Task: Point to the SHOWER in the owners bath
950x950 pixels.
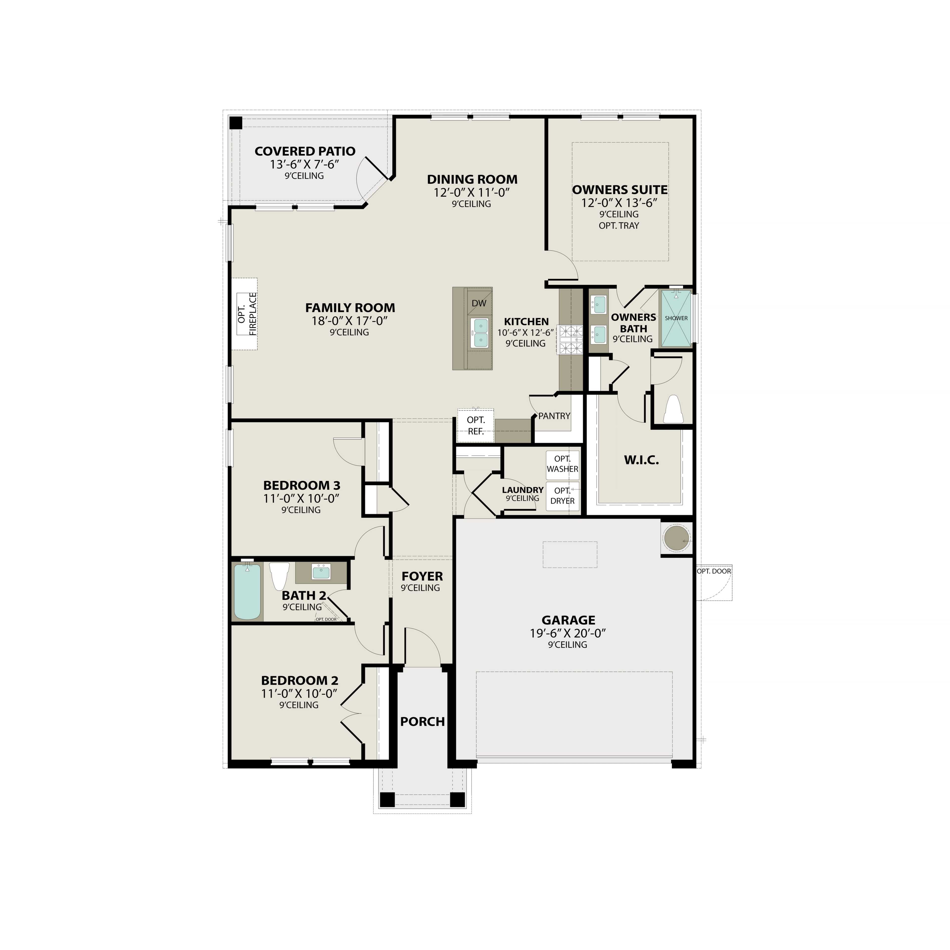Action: click(676, 318)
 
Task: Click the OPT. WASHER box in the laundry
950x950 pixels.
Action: click(563, 464)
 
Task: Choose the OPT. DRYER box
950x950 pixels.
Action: click(563, 496)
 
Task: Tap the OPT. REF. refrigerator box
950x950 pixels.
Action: click(475, 425)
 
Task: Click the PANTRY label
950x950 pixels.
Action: click(554, 416)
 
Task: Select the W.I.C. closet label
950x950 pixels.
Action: click(641, 460)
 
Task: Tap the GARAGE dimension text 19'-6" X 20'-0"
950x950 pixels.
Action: click(568, 633)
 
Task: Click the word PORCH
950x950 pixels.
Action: click(422, 721)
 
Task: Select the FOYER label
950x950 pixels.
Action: click(422, 576)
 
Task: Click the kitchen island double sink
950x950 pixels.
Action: click(479, 332)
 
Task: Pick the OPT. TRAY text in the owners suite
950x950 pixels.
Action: click(618, 226)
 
